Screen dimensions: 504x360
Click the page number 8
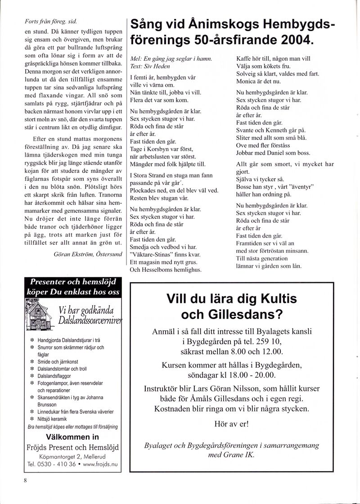click(26, 480)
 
